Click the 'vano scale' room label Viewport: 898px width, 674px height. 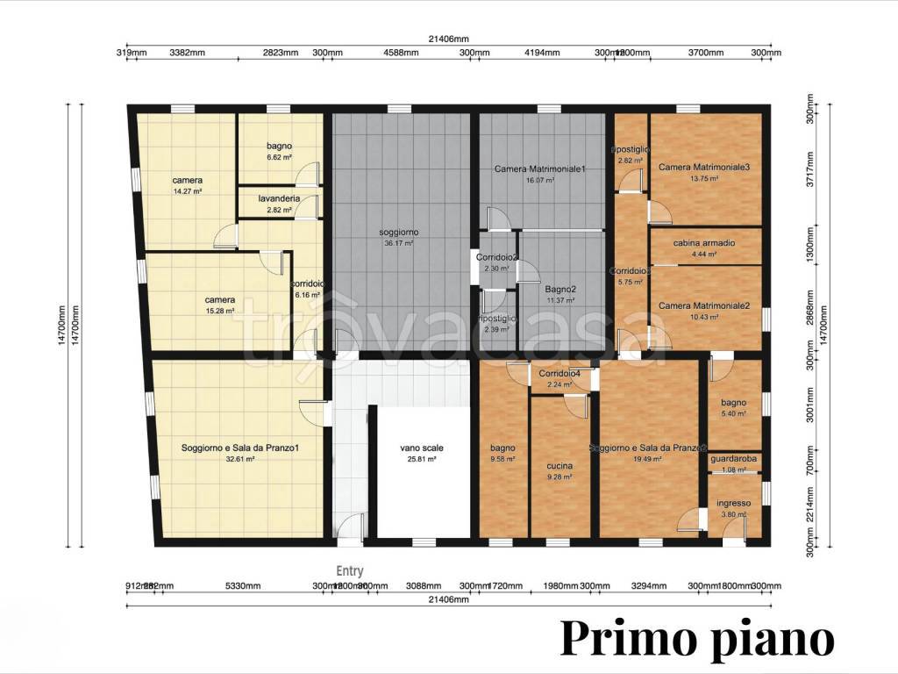[422, 448]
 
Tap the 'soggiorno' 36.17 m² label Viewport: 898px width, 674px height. [399, 233]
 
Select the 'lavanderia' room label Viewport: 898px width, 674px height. [280, 199]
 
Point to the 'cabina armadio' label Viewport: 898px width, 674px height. [704, 243]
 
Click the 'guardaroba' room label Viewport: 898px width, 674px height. [734, 458]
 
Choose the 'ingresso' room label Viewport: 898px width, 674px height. [733, 503]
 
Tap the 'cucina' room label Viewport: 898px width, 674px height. [559, 465]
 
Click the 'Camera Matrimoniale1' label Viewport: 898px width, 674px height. [539, 168]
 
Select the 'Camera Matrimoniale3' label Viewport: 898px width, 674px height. [704, 167]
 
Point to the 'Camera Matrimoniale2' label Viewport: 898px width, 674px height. [704, 305]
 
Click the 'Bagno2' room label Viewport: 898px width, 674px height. [559, 289]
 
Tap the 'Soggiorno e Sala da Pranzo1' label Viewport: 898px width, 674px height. [240, 448]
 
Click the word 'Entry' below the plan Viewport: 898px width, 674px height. [350, 570]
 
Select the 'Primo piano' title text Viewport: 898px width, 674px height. [697, 638]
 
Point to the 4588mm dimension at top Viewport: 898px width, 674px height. [400, 53]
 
